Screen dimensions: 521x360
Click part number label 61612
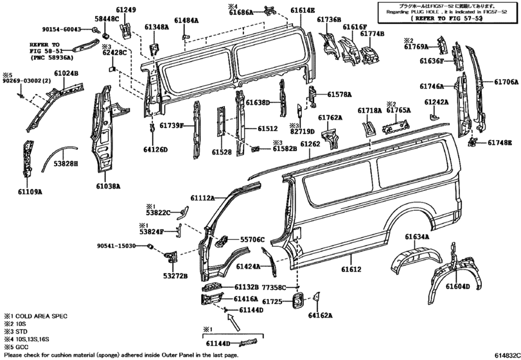point(351,269)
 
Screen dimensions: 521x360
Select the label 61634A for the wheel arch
point(417,237)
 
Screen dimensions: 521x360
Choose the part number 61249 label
point(127,10)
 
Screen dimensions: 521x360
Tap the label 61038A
point(109,186)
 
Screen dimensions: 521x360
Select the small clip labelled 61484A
point(186,35)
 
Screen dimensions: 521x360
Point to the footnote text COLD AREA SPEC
point(41,316)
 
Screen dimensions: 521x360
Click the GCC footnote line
point(16,347)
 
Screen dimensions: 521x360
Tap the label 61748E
point(500,143)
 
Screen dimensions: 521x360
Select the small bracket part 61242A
point(434,116)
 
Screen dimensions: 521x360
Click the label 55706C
point(252,239)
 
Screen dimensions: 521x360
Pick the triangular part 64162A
point(316,298)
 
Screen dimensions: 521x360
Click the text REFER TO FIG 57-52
point(446,18)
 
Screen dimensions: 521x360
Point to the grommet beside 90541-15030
point(150,246)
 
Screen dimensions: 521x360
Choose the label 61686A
point(241,12)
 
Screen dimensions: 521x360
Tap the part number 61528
point(222,152)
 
